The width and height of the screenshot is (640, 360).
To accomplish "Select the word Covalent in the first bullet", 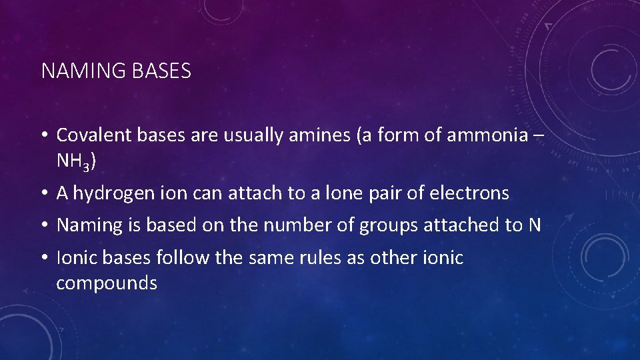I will click(x=94, y=135).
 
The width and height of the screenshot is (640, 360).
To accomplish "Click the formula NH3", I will click(x=76, y=161).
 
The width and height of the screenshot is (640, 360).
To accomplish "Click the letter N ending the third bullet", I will click(x=533, y=225).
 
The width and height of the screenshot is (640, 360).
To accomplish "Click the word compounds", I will click(x=107, y=283).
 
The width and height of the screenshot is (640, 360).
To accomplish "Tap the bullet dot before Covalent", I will click(x=43, y=135).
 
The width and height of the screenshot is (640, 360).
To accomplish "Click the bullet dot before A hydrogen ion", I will click(x=43, y=194).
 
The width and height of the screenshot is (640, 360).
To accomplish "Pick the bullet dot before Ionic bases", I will click(x=43, y=258).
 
